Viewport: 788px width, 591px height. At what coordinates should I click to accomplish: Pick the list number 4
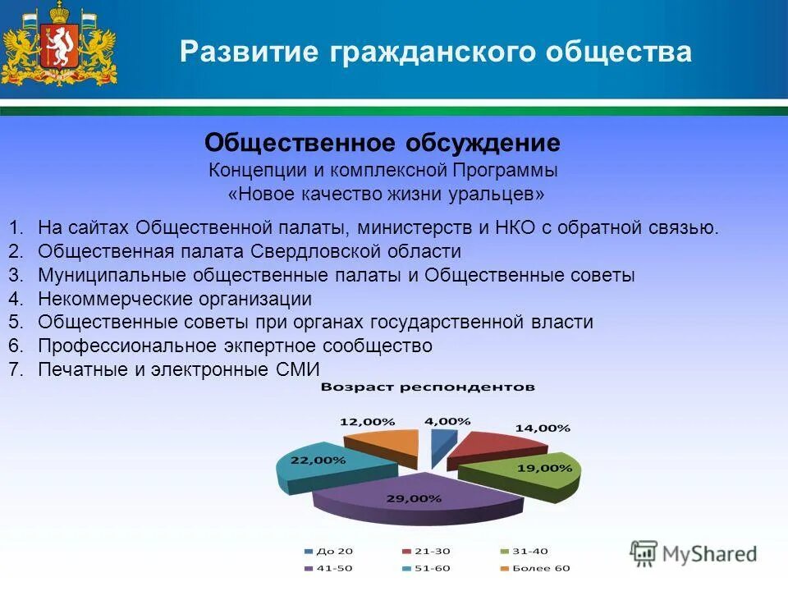(x=16, y=299)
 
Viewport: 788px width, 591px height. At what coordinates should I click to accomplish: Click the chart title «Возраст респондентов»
(x=428, y=387)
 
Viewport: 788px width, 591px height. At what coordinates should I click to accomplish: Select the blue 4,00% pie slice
(x=442, y=445)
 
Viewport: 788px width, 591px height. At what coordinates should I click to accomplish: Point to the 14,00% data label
(x=543, y=428)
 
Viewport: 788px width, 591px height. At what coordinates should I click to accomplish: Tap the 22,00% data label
(x=318, y=460)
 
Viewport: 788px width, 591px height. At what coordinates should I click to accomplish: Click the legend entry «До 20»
(x=329, y=552)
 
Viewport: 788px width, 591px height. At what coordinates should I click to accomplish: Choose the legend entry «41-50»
(x=329, y=569)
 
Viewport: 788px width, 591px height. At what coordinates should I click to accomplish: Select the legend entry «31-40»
(x=525, y=552)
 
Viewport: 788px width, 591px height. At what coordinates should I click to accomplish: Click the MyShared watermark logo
(x=694, y=554)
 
